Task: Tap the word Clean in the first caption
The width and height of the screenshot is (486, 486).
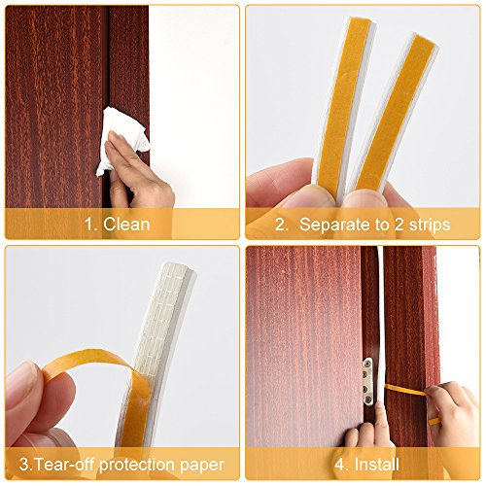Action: pyautogui.click(x=126, y=225)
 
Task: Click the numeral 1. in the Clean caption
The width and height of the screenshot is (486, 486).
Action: pyautogui.click(x=90, y=225)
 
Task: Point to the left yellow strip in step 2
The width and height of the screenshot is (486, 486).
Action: pyautogui.click(x=344, y=104)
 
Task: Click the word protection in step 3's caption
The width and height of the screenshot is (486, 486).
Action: pyautogui.click(x=137, y=466)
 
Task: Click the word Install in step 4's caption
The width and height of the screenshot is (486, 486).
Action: pyautogui.click(x=376, y=465)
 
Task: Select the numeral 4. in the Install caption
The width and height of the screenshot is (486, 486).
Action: pyautogui.click(x=342, y=465)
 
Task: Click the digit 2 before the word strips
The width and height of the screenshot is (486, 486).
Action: pyautogui.click(x=399, y=225)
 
